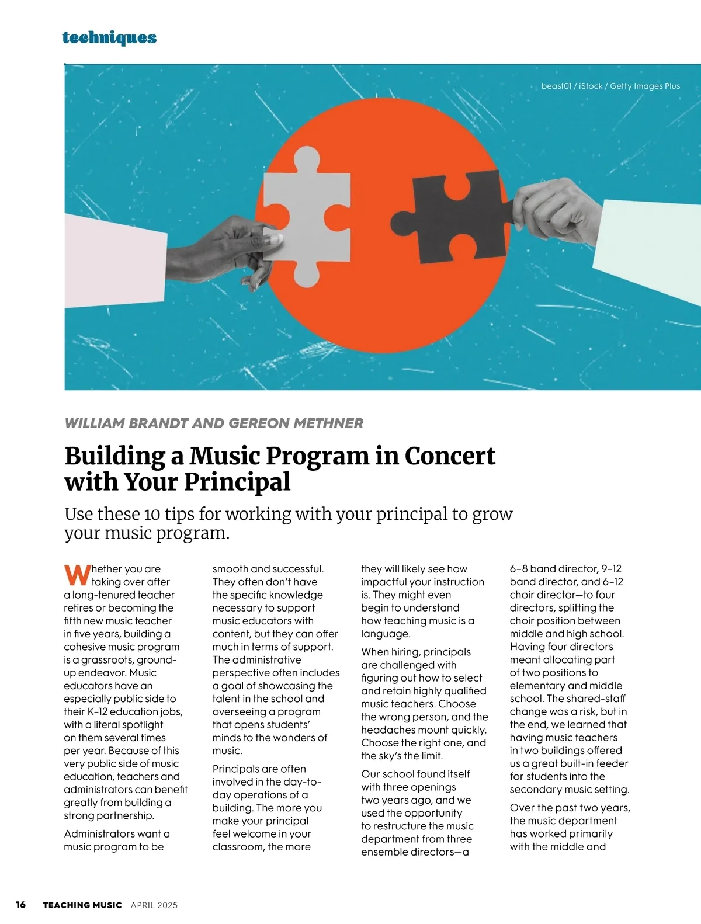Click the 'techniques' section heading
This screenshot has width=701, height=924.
[x=109, y=38]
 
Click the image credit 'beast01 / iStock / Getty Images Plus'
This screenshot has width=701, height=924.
[x=610, y=86]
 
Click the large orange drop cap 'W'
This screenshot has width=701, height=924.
[x=77, y=575]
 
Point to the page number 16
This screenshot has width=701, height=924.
[x=20, y=905]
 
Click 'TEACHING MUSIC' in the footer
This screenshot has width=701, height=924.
[x=82, y=905]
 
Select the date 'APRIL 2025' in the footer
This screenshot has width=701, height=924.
[x=154, y=905]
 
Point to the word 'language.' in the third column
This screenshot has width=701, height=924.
[x=386, y=634]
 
